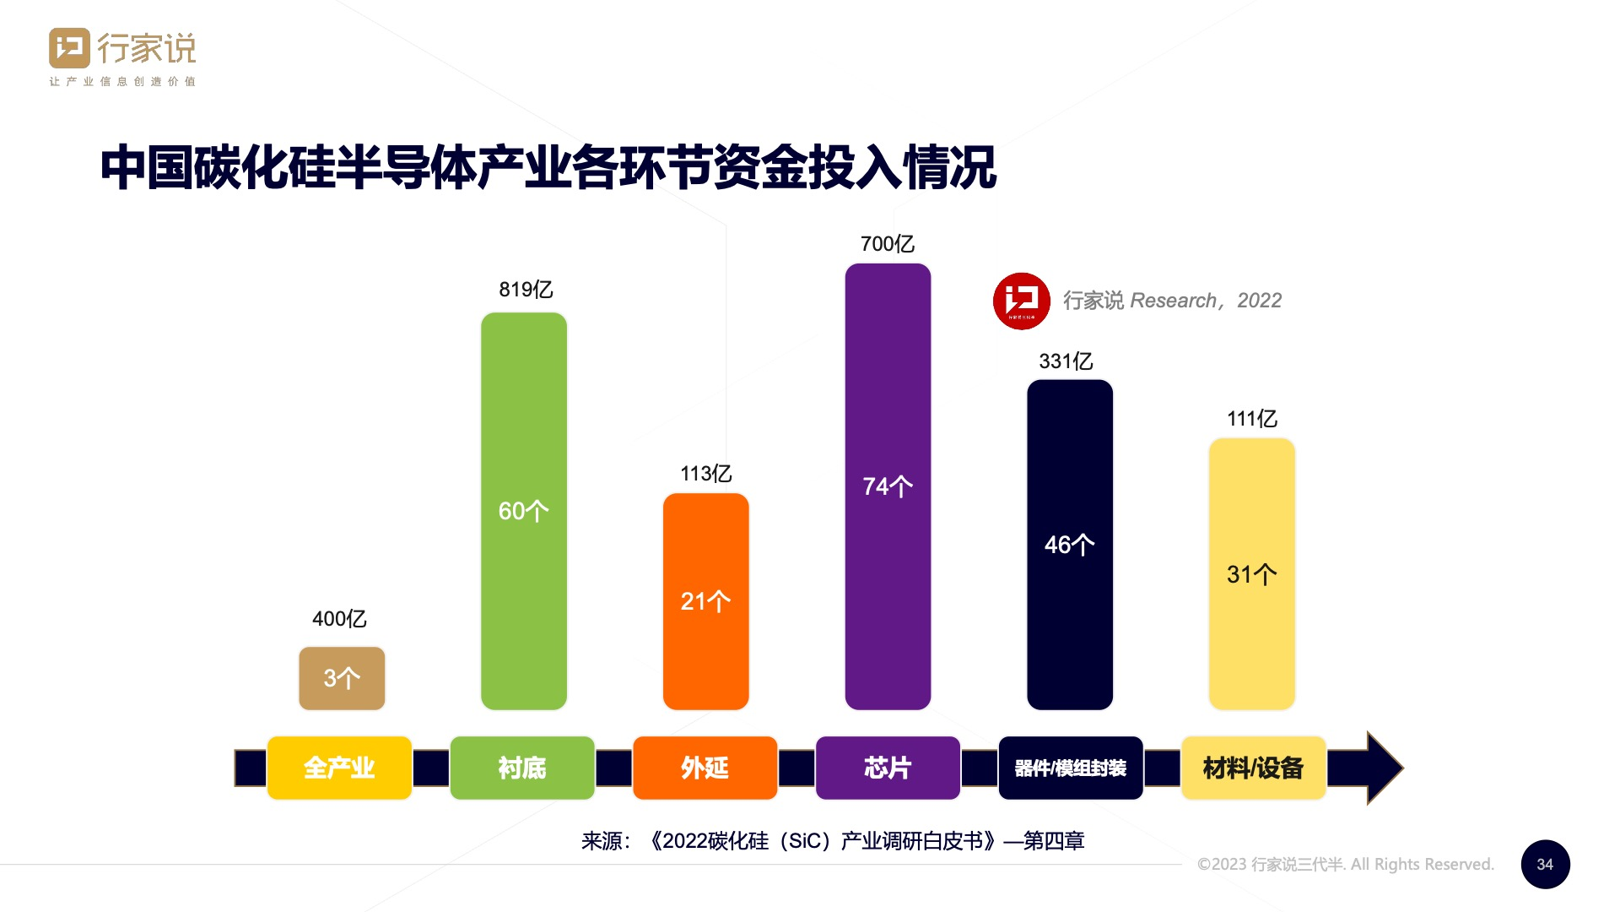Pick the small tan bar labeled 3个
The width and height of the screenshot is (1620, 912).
coord(342,678)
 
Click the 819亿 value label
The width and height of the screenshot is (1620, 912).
coord(526,290)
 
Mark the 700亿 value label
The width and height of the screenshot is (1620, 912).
coord(887,244)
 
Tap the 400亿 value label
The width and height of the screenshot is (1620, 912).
coord(339,619)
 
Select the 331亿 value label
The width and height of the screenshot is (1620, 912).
coord(1066,361)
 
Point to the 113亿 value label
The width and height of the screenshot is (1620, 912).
coord(705,474)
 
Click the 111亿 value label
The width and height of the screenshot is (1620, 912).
coord(1251,419)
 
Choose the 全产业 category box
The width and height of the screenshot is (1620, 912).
coord(339,768)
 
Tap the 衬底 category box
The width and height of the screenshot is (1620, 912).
coord(522,768)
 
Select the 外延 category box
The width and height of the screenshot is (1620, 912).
coord(705,768)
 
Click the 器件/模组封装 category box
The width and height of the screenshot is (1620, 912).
coord(1070,768)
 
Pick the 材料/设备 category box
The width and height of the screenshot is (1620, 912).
coord(1253,768)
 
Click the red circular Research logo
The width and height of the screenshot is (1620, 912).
coord(1021,301)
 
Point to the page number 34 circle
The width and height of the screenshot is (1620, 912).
coord(1545,864)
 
